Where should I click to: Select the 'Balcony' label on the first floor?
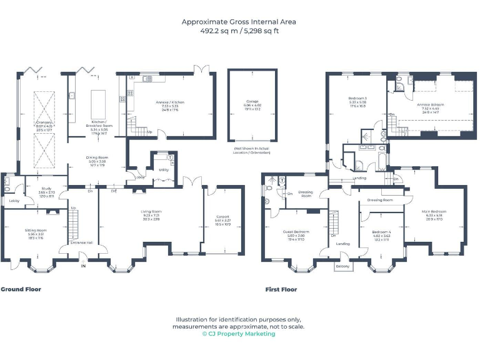click(x=342, y=267)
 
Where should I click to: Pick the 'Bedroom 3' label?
click(x=357, y=99)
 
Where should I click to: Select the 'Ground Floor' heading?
click(x=21, y=289)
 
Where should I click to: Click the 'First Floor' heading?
click(x=281, y=289)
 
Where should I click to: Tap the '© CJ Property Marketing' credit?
click(x=239, y=334)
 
